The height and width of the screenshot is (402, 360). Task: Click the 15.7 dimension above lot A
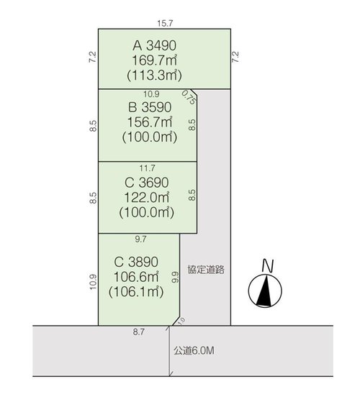pyautogui.click(x=165, y=23)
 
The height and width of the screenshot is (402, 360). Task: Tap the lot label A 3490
pyautogui.click(x=155, y=45)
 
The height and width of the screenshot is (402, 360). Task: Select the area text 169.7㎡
pyautogui.click(x=155, y=60)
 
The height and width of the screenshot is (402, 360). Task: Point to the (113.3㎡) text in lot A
pyautogui.click(x=155, y=76)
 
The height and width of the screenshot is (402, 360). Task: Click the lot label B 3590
pyautogui.click(x=150, y=107)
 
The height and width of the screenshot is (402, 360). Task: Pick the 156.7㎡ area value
pyautogui.click(x=150, y=122)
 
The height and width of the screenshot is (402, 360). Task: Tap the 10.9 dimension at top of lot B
pyautogui.click(x=151, y=94)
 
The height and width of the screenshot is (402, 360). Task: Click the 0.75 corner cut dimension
pyautogui.click(x=189, y=97)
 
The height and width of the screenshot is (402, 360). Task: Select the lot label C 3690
pyautogui.click(x=147, y=183)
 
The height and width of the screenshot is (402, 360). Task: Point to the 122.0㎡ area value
pyautogui.click(x=147, y=198)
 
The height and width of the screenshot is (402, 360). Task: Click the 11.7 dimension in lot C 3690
pyautogui.click(x=148, y=168)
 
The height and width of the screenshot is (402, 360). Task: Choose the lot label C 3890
pyautogui.click(x=136, y=262)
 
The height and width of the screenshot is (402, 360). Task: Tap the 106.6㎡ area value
pyautogui.click(x=136, y=277)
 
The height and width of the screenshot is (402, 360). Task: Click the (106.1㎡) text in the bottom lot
pyautogui.click(x=136, y=292)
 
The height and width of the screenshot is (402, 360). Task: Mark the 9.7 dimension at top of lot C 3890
pyautogui.click(x=140, y=239)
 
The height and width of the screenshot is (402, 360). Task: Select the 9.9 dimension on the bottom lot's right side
pyautogui.click(x=176, y=277)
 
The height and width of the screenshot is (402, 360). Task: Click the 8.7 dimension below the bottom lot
pyautogui.click(x=138, y=332)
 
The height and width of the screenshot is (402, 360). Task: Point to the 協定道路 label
pyautogui.click(x=206, y=270)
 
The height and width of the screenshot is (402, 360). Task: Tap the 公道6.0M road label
pyautogui.click(x=194, y=350)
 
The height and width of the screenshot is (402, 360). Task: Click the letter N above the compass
pyautogui.click(x=268, y=265)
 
